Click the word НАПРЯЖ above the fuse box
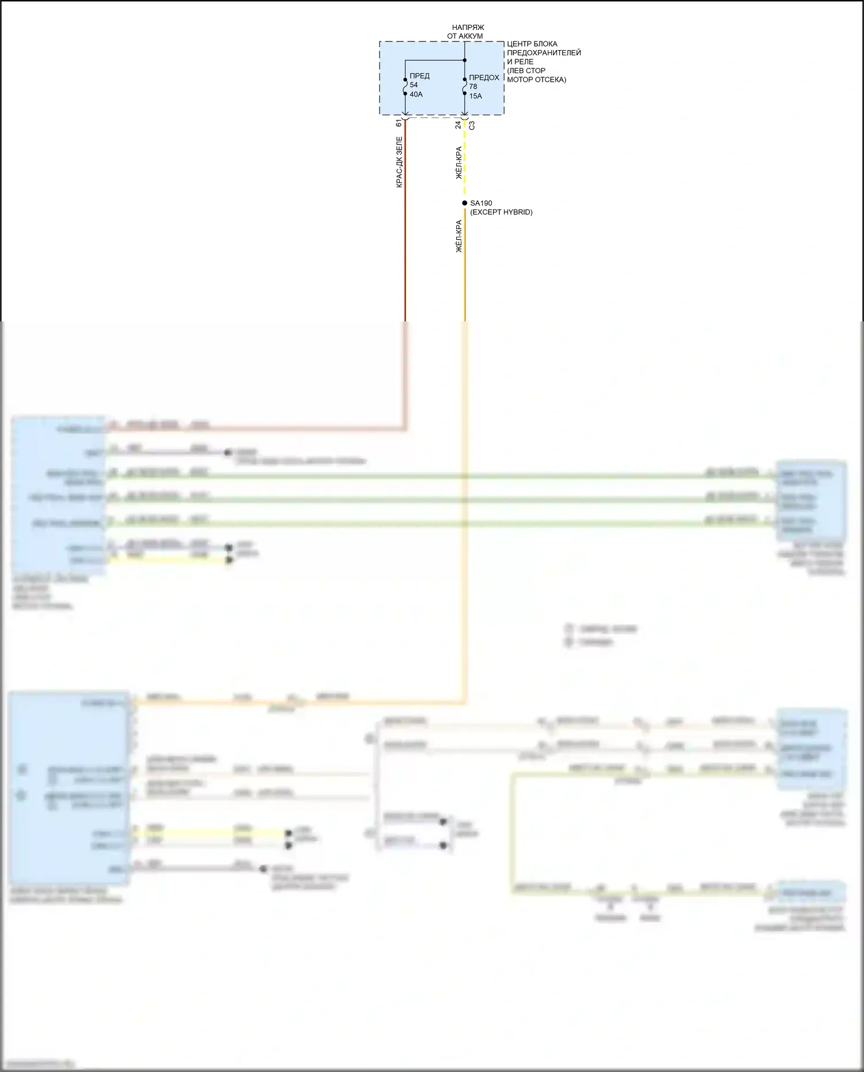pyautogui.click(x=468, y=27)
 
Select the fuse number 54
pyautogui.click(x=414, y=85)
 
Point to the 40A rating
pyautogui.click(x=416, y=94)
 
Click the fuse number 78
pyautogui.click(x=473, y=87)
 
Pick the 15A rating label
pyautogui.click(x=475, y=96)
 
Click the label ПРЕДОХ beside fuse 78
pyautogui.click(x=484, y=78)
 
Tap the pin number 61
pyautogui.click(x=399, y=123)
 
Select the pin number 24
pyautogui.click(x=458, y=124)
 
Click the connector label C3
pyautogui.click(x=472, y=124)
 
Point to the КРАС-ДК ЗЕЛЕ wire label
pyautogui.click(x=399, y=162)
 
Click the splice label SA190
pyautogui.click(x=481, y=203)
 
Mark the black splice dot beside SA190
pyautogui.click(x=465, y=203)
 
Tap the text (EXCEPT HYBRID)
pyautogui.click(x=501, y=212)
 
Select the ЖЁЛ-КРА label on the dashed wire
pyautogui.click(x=459, y=162)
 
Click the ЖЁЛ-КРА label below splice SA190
pyautogui.click(x=459, y=236)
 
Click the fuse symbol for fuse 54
pyautogui.click(x=405, y=87)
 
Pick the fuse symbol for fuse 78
pyautogui.click(x=465, y=87)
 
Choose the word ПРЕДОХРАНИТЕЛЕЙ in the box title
pyautogui.click(x=544, y=53)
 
